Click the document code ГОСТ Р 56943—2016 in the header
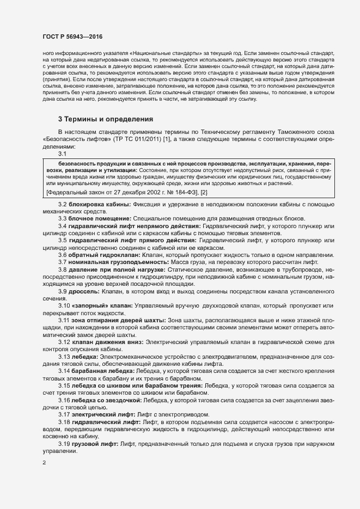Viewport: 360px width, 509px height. [72, 36]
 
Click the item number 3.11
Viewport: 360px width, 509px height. [64, 321]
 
